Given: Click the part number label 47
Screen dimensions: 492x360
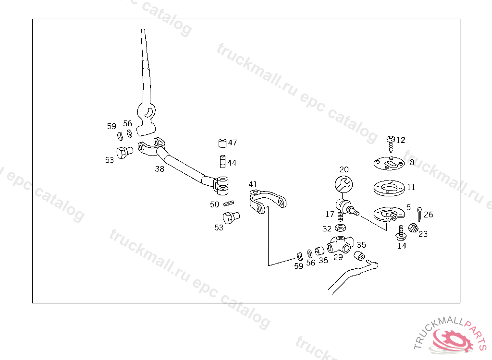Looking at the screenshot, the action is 233,143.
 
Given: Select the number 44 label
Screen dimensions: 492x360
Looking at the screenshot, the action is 232,163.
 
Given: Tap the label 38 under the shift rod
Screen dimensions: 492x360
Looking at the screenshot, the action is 160,169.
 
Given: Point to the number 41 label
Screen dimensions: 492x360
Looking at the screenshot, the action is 253,184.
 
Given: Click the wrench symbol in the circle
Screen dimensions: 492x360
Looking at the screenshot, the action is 343,184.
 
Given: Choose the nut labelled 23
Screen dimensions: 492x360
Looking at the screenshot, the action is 412,227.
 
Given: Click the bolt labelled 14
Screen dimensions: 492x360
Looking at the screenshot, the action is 401,233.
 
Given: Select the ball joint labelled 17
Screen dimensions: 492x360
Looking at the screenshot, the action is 345,208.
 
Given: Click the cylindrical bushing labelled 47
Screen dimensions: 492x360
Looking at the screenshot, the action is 222,144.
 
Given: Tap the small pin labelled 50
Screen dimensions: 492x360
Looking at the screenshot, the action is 228,204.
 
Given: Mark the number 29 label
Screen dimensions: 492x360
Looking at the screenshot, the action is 338,257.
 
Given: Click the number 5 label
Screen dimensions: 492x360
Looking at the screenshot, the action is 408,208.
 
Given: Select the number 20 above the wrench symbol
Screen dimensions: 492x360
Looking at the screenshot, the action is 344,169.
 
